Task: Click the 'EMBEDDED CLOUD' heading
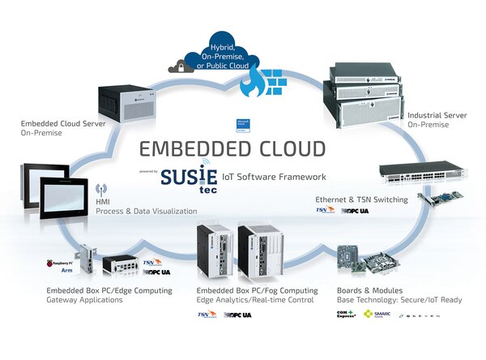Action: (x=232, y=149)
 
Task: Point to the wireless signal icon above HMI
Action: (x=102, y=189)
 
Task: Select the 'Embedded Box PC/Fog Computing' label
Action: (x=251, y=289)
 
